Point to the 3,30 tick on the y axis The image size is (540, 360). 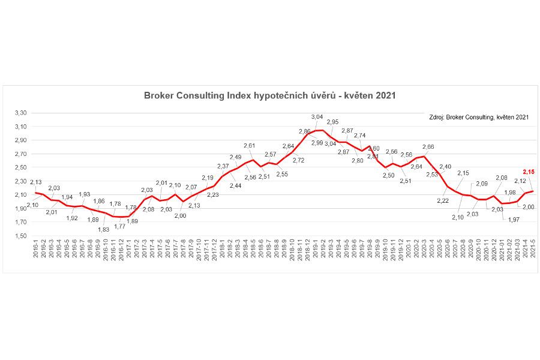tap(21, 113)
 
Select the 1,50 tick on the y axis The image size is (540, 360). tap(21, 236)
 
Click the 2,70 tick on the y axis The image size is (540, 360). tap(21, 154)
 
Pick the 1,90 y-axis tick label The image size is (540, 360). tap(21, 208)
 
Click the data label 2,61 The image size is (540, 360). tap(250, 146)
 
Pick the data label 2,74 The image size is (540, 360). tap(360, 136)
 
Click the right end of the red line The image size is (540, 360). tap(532, 191)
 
